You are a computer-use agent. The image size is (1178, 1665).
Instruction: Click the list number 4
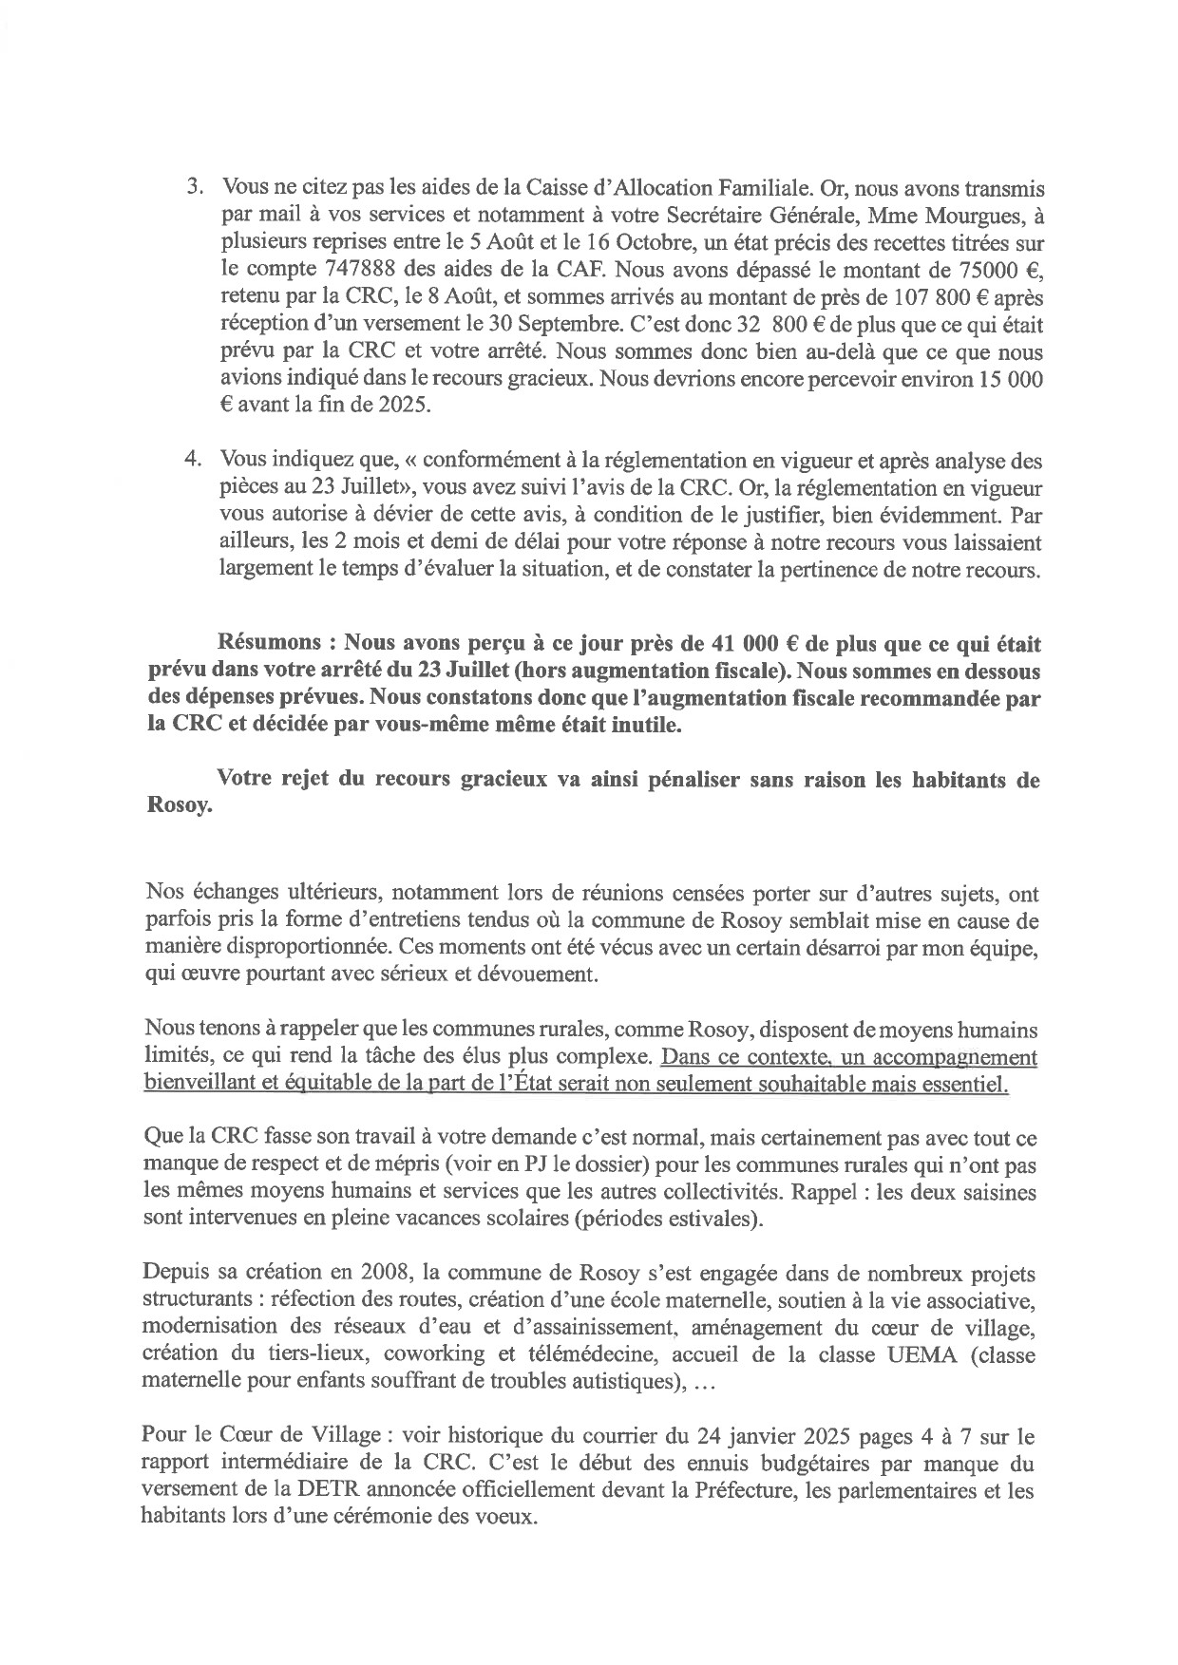pos(191,461)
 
